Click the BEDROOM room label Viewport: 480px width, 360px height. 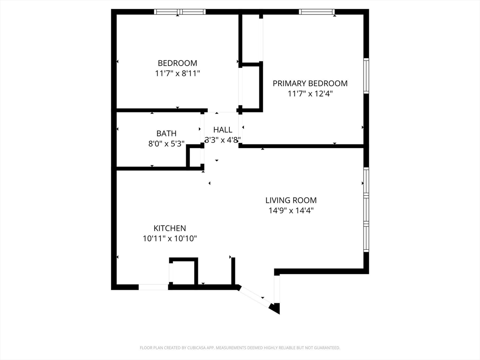177,63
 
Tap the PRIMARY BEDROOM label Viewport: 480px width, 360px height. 310,83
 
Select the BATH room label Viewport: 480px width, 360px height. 166,134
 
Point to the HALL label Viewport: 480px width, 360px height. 223,129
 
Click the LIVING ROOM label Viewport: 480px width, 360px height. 291,200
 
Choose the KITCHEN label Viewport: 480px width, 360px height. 170,228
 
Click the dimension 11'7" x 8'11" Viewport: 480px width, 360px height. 177,74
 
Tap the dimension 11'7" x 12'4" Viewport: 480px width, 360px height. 310,94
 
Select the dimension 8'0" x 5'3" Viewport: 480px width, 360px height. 166,143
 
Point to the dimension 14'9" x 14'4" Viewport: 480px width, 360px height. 291,210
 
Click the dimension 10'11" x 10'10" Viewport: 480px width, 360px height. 170,239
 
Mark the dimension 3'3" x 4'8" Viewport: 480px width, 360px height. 223,140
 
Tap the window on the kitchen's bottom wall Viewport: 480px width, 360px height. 153,287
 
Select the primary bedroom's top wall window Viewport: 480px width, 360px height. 316,12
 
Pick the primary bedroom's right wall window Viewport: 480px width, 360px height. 366,75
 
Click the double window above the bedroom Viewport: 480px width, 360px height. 180,12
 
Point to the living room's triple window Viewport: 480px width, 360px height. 366,210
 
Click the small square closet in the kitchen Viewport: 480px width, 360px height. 184,271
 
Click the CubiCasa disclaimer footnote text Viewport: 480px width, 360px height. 240,348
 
